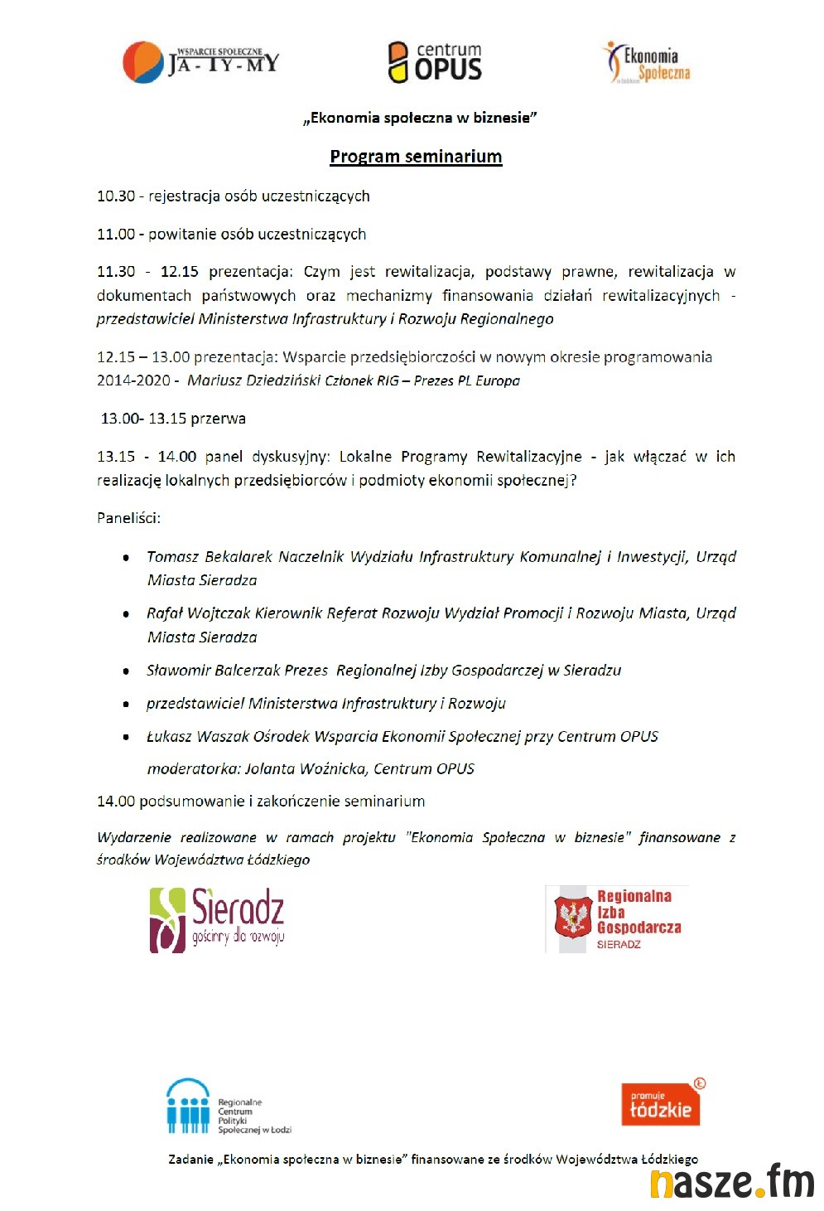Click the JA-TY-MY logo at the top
[201, 61]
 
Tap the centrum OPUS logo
[435, 62]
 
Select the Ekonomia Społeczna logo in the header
[646, 63]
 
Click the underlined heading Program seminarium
[416, 157]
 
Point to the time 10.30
[115, 196]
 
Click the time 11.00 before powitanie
[115, 235]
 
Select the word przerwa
[218, 419]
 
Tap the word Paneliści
[128, 518]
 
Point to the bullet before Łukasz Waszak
[126, 737]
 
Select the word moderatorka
[194, 769]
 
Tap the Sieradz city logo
[217, 919]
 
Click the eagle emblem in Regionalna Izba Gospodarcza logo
[572, 918]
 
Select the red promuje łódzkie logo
[661, 1104]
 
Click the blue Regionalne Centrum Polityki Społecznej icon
[188, 1106]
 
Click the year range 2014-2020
[133, 380]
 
